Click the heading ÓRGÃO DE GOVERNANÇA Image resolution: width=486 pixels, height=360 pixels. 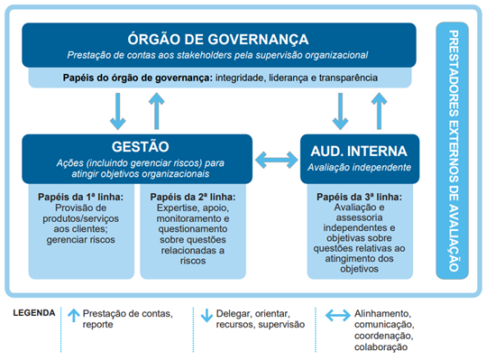(219, 39)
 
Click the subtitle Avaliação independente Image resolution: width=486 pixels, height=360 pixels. (360, 167)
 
